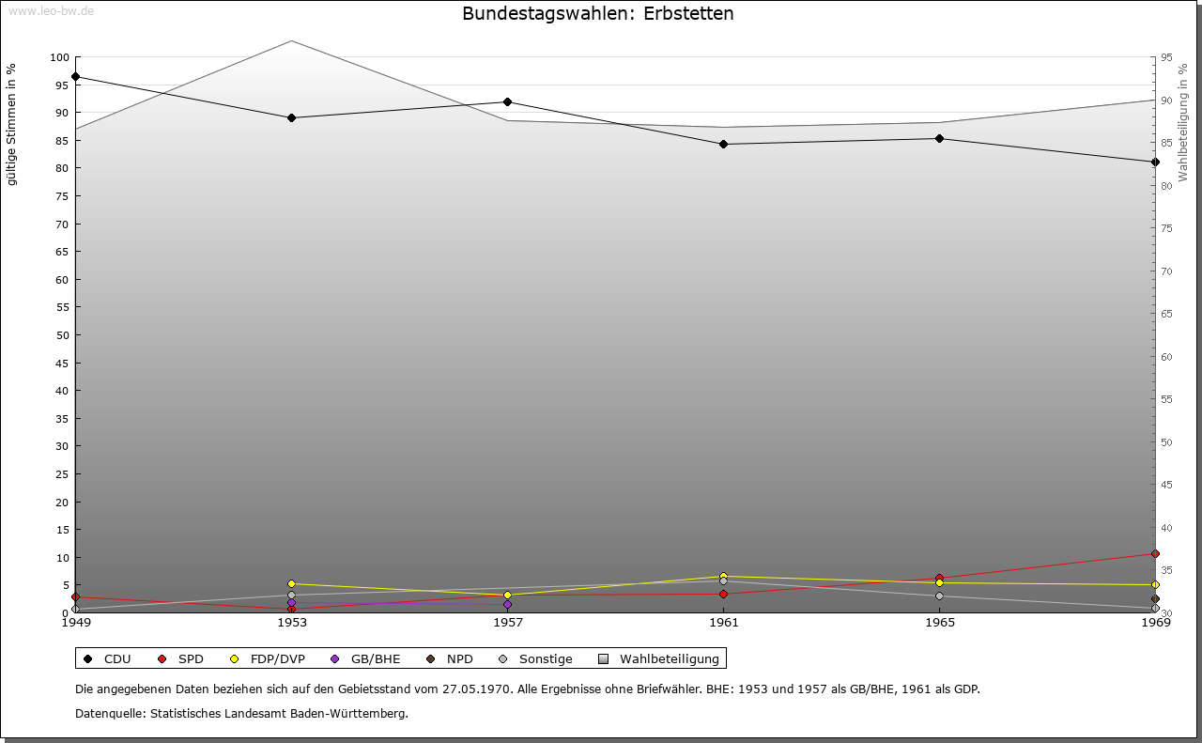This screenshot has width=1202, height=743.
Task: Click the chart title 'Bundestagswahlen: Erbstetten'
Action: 598,14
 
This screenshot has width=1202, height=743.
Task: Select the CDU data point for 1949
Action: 75,76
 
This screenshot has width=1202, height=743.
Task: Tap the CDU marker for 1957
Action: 507,101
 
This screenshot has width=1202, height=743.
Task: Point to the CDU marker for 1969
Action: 1155,162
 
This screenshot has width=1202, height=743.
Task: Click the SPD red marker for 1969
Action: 1155,553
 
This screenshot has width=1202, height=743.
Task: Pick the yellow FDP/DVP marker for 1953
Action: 291,583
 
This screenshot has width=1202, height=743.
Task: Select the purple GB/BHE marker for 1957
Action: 507,604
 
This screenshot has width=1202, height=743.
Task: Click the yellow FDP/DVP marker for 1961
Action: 723,576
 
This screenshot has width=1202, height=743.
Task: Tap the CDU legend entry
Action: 107,658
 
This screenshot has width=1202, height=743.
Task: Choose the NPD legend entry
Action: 450,658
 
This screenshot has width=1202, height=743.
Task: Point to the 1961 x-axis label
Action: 723,622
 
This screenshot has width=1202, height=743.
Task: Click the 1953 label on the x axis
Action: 291,622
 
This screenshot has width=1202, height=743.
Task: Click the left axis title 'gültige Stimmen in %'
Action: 11,125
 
